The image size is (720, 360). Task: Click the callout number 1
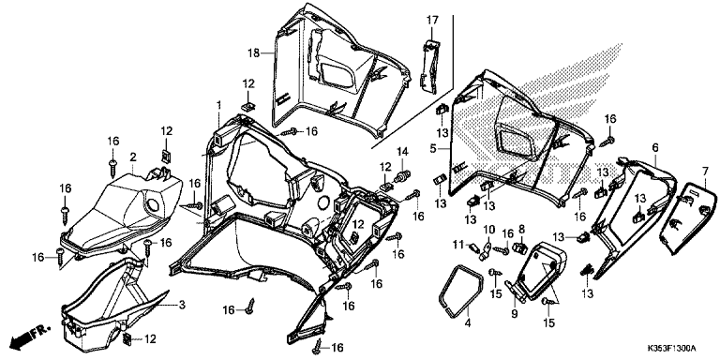coord(219,105)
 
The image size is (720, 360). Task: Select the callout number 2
coord(133,157)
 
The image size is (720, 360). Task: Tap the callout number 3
coord(182,305)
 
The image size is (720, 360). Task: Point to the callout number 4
coord(468,323)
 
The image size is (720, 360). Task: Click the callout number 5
coord(432,149)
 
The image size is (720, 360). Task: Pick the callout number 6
coord(655,147)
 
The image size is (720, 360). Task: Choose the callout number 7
coord(705,172)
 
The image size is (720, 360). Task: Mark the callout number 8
coord(521,228)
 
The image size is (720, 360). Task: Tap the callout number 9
coord(515,314)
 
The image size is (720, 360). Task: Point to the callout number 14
coord(402,151)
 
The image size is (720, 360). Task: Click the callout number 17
coord(432,21)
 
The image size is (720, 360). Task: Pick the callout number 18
coord(254,53)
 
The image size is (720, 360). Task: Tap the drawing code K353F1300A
coord(672,348)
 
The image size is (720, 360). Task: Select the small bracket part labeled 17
coord(430,67)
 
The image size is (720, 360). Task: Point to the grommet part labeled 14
coord(404,175)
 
